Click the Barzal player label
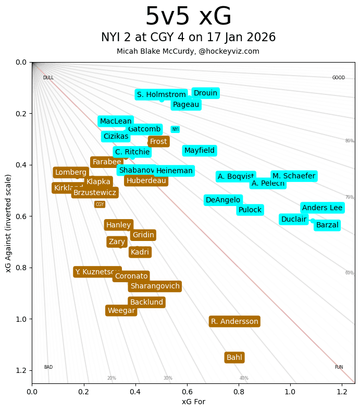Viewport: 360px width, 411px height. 327,225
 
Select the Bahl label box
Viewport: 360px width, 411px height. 234,357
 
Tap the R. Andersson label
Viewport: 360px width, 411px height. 234,321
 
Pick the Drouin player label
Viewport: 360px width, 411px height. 205,93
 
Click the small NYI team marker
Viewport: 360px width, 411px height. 175,129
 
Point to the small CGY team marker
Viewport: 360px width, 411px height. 100,204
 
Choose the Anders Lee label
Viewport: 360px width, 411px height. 322,208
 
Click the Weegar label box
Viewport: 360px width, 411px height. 121,310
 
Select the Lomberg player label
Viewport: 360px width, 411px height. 71,172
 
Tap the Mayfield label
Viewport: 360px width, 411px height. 200,151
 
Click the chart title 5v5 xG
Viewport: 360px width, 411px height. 188,17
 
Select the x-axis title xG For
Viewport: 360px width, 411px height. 193,402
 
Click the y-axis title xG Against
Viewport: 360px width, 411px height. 9,223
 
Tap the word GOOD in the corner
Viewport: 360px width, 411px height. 339,78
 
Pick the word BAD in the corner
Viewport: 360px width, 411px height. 48,367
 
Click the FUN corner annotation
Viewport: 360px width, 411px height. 339,367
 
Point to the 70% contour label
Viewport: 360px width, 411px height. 349,197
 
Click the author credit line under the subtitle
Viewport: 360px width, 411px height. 188,51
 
